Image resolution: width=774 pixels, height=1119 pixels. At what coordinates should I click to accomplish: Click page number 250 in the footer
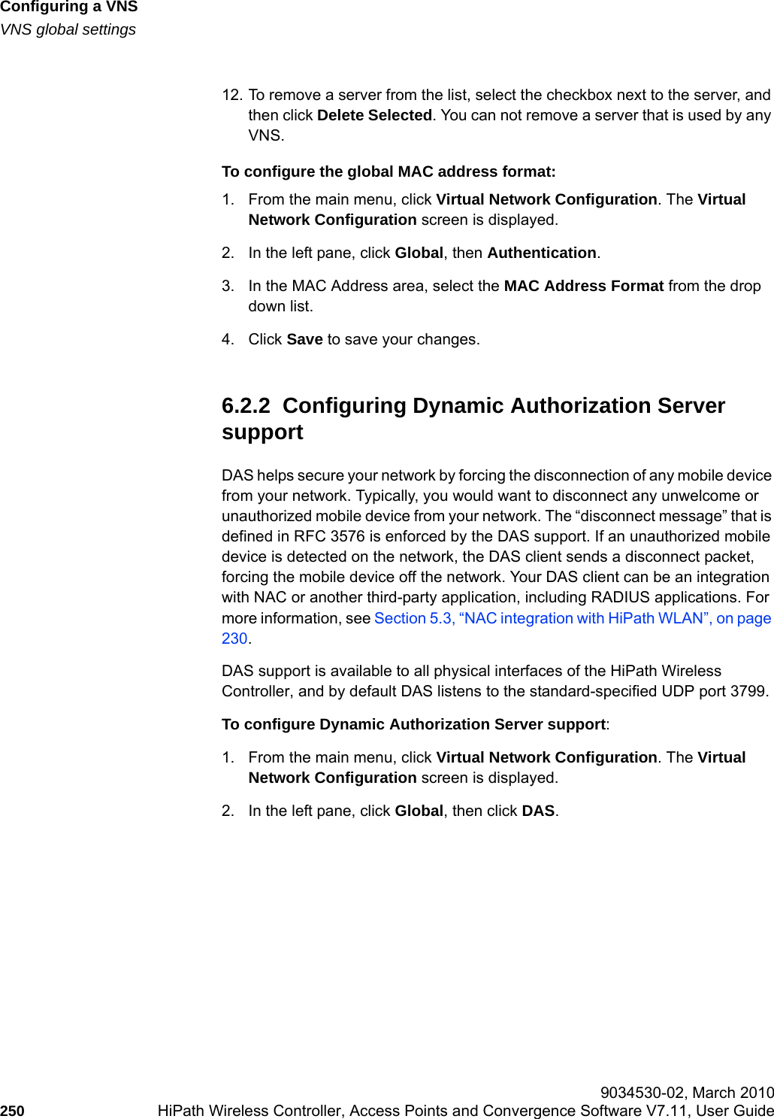(x=12, y=1111)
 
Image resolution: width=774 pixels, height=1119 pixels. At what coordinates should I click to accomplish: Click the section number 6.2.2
(x=245, y=406)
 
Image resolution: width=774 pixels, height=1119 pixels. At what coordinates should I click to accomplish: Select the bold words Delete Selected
(x=374, y=116)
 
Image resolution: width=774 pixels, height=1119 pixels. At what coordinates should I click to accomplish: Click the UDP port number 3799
(x=748, y=691)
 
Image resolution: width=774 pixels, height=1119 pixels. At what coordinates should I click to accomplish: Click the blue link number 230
(x=234, y=638)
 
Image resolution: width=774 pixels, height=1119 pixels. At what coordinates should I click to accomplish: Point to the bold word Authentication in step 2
(x=541, y=253)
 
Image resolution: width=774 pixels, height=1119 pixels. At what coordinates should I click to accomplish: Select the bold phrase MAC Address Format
(x=583, y=287)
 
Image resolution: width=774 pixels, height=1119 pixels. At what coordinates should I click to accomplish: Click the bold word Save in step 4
(x=304, y=340)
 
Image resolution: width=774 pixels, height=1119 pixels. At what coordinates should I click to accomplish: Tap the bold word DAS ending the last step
(x=538, y=811)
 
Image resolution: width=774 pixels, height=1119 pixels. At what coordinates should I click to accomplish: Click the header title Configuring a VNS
(x=69, y=8)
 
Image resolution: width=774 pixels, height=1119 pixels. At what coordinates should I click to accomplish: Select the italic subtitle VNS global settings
(x=68, y=30)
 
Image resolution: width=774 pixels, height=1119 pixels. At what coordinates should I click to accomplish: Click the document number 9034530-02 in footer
(x=642, y=1093)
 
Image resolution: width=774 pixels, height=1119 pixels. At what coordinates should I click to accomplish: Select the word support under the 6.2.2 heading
(x=262, y=433)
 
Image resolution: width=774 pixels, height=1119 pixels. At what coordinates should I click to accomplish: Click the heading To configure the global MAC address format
(x=389, y=172)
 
